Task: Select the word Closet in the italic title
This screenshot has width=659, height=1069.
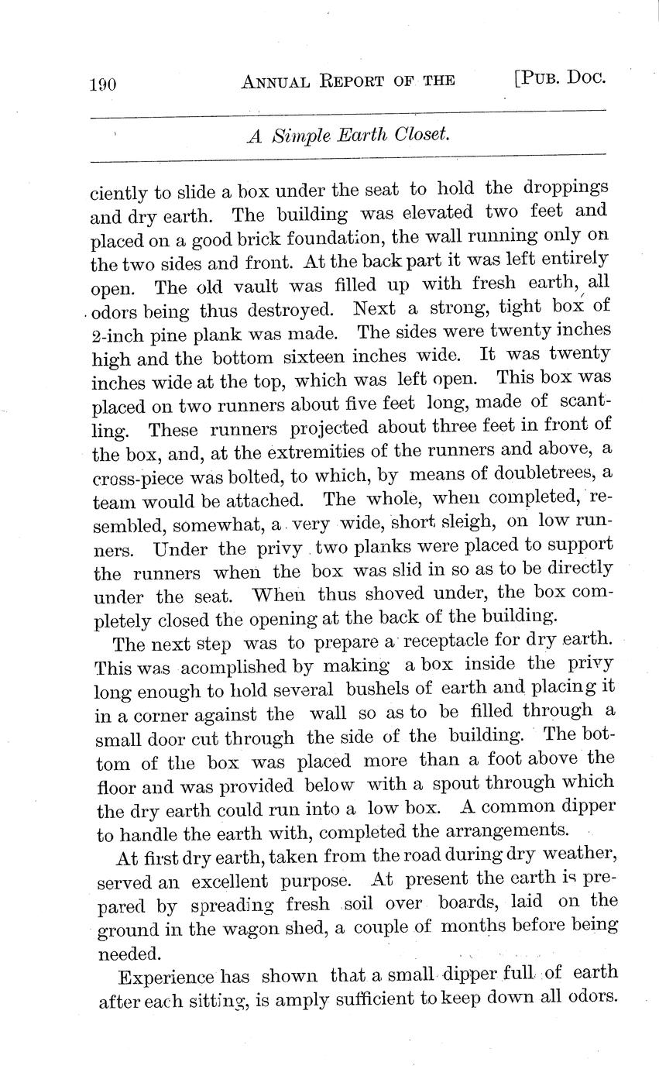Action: click(x=422, y=135)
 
